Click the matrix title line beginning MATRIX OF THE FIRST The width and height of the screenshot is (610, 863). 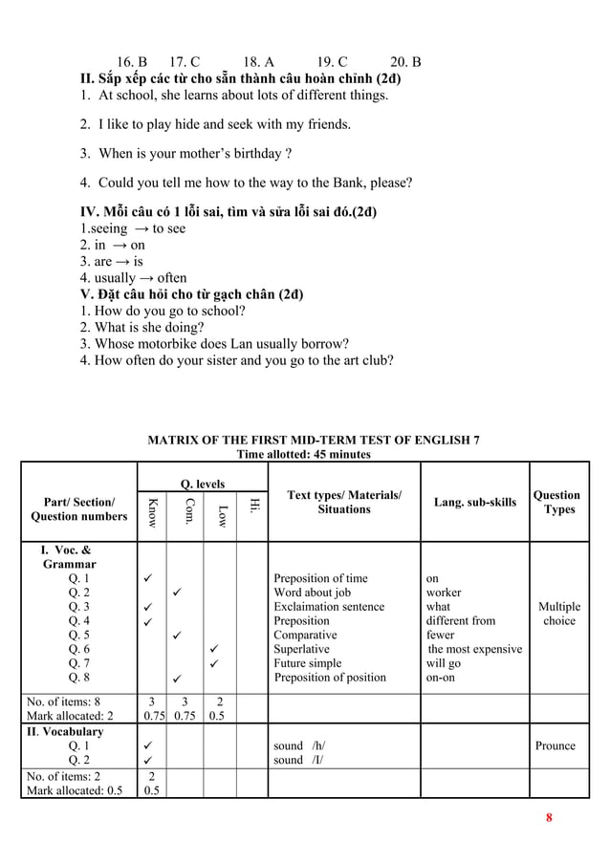[313, 441]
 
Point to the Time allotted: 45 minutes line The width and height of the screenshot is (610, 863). [305, 455]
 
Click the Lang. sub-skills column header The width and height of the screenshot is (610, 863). [474, 503]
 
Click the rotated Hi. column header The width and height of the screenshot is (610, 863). [252, 504]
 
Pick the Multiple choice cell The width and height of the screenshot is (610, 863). [559, 614]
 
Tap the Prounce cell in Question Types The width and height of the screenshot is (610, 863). [556, 745]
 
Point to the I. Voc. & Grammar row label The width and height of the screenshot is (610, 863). [68, 556]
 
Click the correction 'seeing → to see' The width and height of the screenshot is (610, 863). [133, 228]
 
